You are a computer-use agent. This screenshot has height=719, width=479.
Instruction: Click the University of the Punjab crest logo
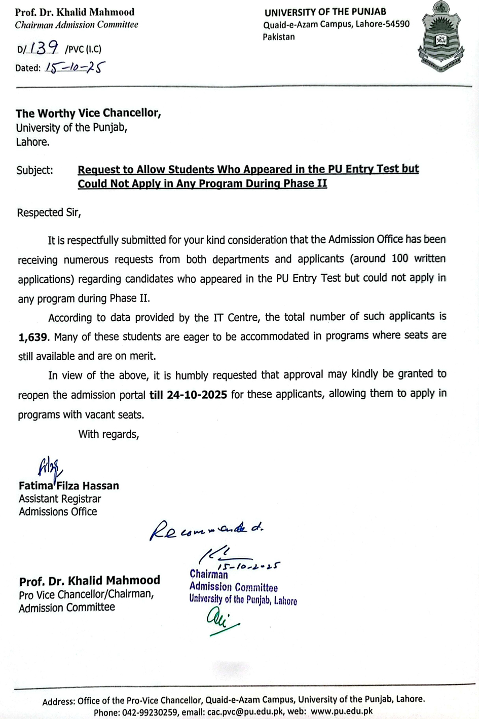pyautogui.click(x=440, y=36)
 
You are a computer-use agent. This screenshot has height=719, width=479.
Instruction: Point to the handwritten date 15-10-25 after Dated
pyautogui.click(x=75, y=67)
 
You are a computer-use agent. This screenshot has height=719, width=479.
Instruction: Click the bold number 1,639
pyautogui.click(x=33, y=337)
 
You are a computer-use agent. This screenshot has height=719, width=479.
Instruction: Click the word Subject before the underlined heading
pyautogui.click(x=34, y=170)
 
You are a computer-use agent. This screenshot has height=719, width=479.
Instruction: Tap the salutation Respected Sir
pyautogui.click(x=49, y=213)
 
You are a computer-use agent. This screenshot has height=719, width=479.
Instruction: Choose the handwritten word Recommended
pyautogui.click(x=206, y=529)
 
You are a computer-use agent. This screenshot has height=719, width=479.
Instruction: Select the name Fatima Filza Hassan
pyautogui.click(x=69, y=486)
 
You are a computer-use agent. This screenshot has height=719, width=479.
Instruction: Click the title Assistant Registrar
pyautogui.click(x=60, y=499)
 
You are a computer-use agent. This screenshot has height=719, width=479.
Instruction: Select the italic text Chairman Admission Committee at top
pyautogui.click(x=76, y=25)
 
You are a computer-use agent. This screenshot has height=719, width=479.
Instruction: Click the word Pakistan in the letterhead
pyautogui.click(x=278, y=37)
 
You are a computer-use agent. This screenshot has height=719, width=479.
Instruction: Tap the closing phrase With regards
pyautogui.click(x=108, y=434)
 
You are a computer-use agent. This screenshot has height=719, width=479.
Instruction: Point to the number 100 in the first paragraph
pyautogui.click(x=399, y=259)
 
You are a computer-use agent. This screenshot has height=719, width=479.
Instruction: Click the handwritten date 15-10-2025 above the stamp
pyautogui.click(x=248, y=566)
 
